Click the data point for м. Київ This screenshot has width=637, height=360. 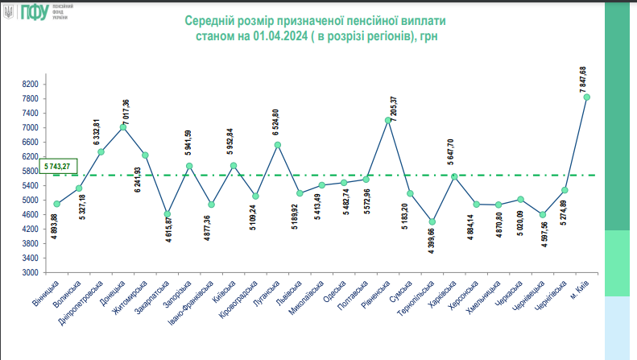point(587,97)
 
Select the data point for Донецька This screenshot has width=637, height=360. point(123,127)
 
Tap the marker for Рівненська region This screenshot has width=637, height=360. point(388,120)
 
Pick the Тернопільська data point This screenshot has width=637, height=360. point(432,221)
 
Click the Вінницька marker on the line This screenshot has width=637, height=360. point(57,204)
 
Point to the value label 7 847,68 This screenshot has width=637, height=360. point(582,78)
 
